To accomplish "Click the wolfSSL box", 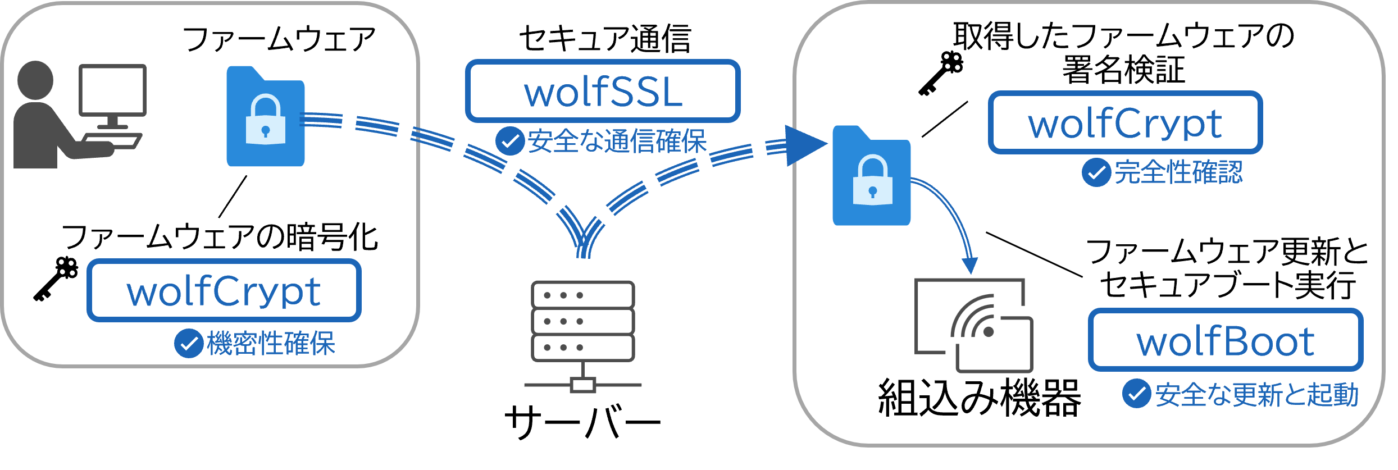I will click(x=602, y=91).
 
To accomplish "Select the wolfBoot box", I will click(x=1226, y=340).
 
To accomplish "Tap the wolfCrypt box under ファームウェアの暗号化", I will click(x=224, y=290).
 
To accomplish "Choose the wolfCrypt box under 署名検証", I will click(x=1125, y=122).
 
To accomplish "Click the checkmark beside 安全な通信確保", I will click(x=510, y=140).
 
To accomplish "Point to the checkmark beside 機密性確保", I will click(x=189, y=343).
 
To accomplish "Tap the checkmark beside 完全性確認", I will click(x=1096, y=172).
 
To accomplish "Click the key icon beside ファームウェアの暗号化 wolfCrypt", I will click(x=56, y=279).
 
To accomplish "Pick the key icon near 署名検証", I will click(x=941, y=73).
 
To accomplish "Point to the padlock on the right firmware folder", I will click(x=872, y=180).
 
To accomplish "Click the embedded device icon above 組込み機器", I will click(x=974, y=325).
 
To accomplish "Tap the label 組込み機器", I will click(x=979, y=398).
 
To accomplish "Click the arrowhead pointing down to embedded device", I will click(x=970, y=265).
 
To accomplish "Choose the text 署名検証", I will click(x=1123, y=70).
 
